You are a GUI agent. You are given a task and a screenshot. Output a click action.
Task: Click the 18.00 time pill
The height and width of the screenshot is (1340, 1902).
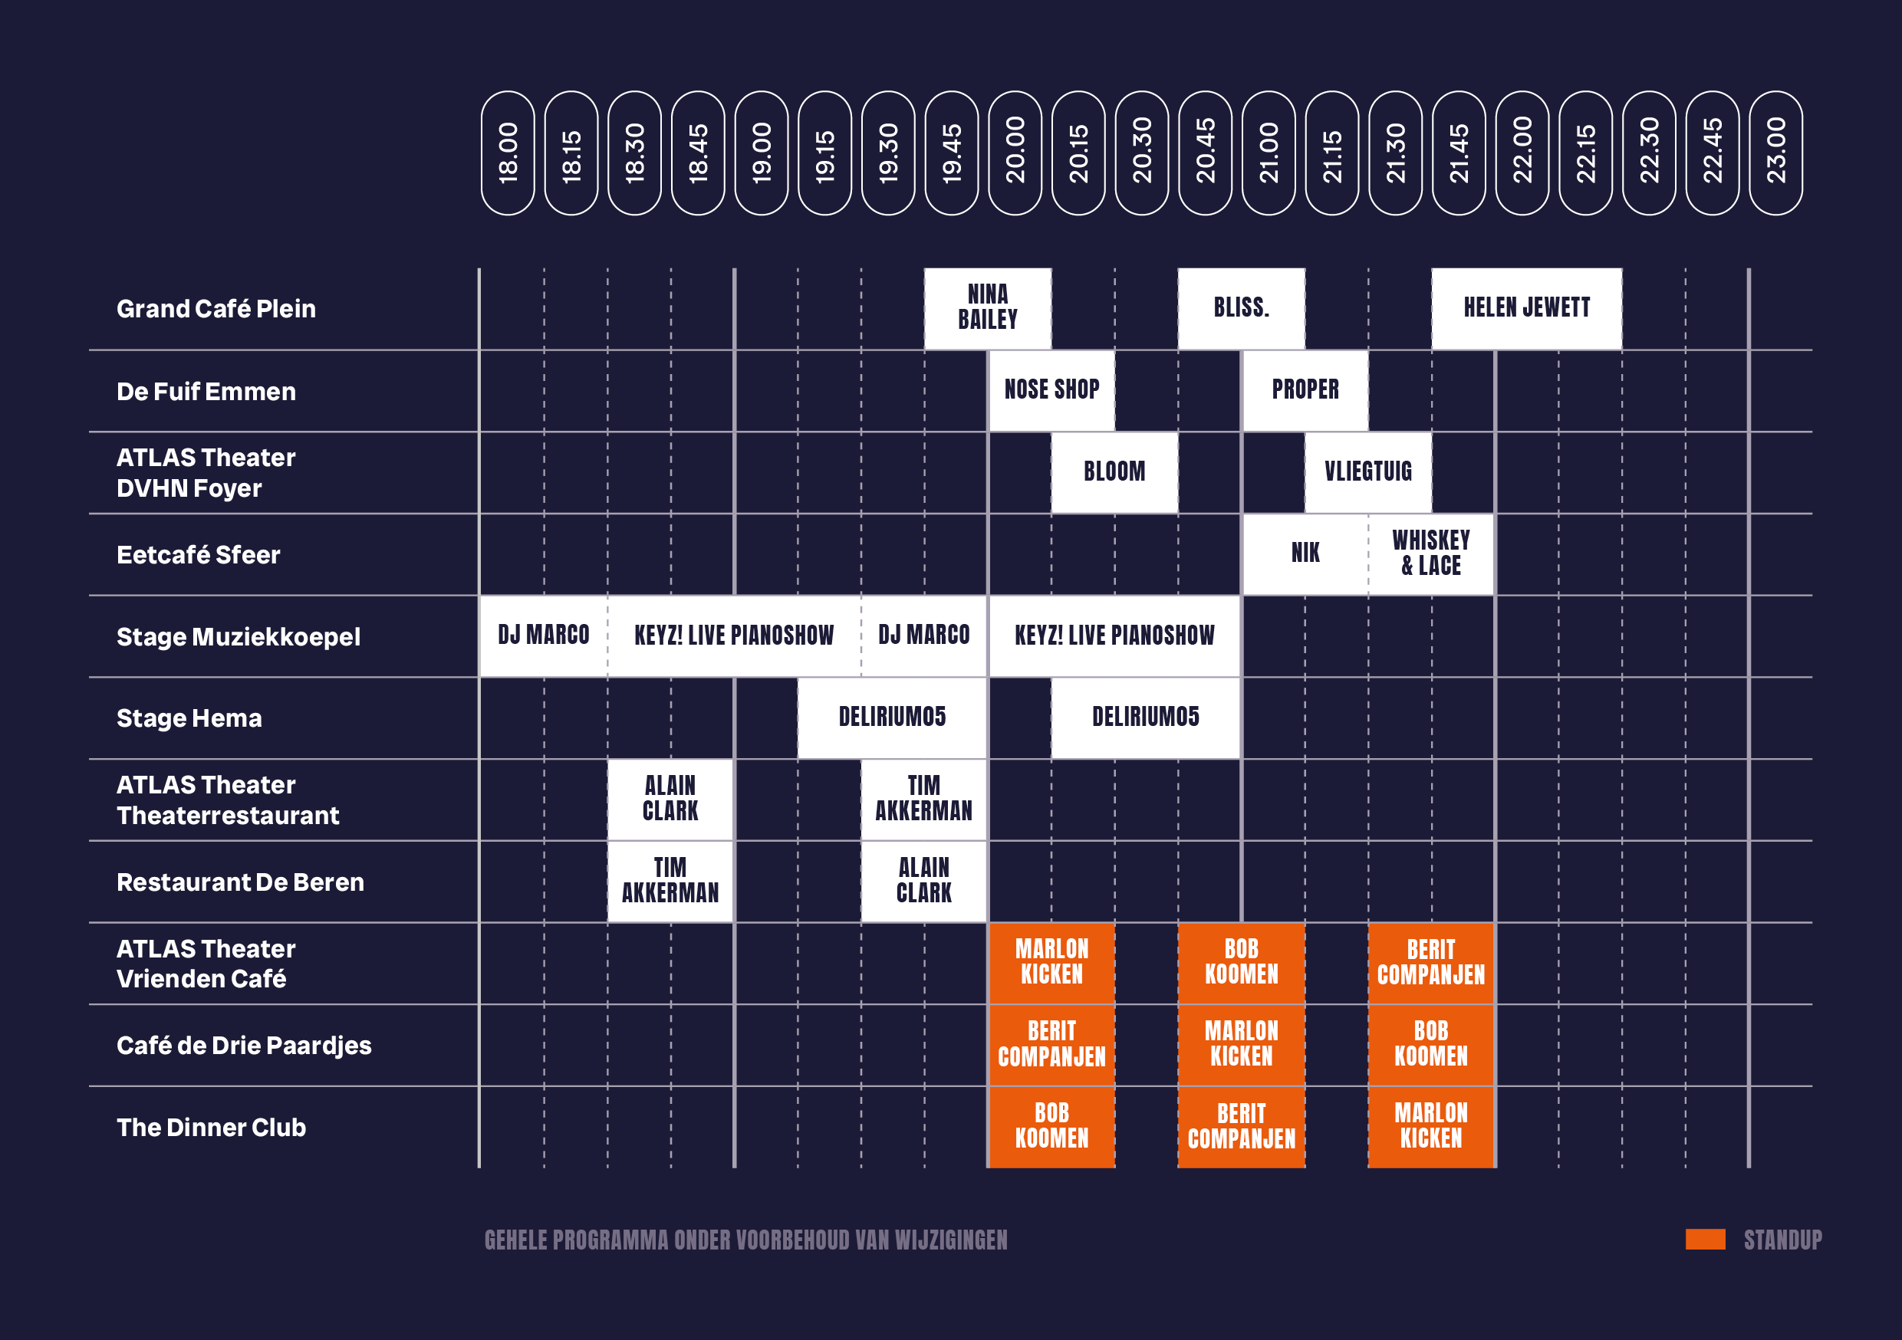508,153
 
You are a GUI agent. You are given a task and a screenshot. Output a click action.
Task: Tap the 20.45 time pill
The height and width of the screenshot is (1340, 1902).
1206,153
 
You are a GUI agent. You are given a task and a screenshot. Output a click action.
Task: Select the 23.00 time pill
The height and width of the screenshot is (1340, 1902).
1776,153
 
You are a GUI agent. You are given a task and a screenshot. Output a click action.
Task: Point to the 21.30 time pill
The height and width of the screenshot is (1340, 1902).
1396,153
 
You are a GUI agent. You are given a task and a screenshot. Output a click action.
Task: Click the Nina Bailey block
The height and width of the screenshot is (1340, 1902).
988,308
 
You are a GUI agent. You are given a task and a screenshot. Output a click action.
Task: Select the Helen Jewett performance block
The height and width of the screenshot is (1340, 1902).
1527,308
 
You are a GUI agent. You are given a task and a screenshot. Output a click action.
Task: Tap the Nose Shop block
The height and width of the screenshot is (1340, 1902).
1051,390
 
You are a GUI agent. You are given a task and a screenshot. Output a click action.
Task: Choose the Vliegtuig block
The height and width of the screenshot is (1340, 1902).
1368,472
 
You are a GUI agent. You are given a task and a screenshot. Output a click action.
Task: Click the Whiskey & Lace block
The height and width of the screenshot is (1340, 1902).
1431,554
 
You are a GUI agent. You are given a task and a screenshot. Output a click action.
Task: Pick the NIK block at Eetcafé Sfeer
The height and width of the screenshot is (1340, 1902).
1305,554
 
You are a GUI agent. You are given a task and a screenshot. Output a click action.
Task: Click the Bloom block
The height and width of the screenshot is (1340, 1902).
1114,472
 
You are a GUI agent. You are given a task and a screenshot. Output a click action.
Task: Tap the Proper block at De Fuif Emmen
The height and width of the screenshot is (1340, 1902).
1305,390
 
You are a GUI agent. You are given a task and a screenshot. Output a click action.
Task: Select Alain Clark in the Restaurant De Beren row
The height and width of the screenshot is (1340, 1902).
923,881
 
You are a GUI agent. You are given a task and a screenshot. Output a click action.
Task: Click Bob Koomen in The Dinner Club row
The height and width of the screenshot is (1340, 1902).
1051,1126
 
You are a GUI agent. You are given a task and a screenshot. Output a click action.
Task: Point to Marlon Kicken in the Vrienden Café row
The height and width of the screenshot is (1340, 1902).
1051,962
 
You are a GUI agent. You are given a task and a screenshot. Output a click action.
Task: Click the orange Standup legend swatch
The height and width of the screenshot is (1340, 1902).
1705,1239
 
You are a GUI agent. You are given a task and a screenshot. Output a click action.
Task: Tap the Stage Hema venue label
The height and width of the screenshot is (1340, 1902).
189,718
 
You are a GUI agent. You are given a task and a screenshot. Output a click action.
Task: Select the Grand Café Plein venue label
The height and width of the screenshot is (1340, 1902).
216,309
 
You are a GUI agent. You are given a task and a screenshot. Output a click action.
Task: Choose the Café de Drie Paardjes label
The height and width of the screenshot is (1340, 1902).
244,1045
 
